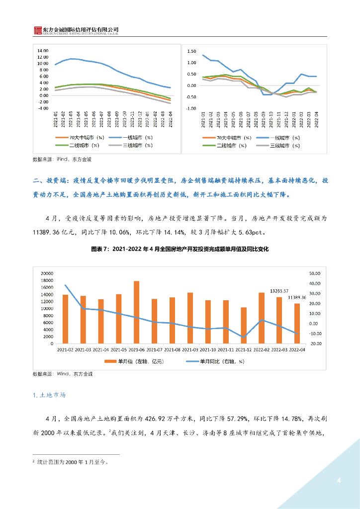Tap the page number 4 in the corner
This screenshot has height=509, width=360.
click(x=339, y=480)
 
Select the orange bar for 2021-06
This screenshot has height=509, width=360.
click(x=137, y=312)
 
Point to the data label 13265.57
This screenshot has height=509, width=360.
click(x=279, y=291)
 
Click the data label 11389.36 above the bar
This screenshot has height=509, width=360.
click(x=298, y=297)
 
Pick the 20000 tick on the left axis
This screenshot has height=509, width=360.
click(x=47, y=273)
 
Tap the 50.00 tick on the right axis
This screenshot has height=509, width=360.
click(x=315, y=273)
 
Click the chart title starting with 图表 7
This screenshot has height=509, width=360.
click(x=180, y=249)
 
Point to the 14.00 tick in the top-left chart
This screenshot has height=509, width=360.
click(x=42, y=51)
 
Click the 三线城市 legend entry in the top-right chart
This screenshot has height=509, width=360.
click(x=277, y=146)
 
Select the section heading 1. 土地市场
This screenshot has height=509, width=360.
click(x=49, y=395)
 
